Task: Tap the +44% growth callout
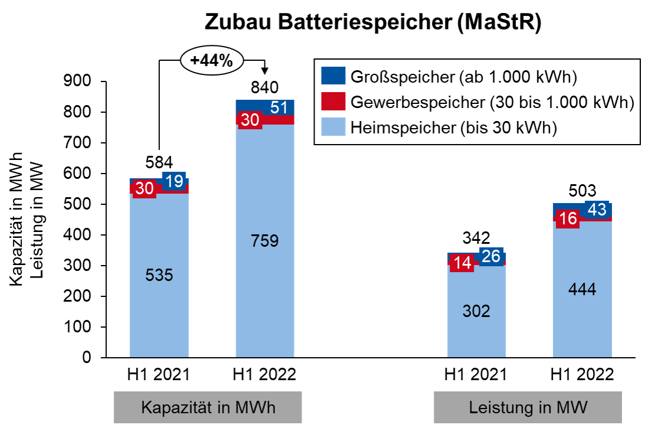[210, 60]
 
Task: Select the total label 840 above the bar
[263, 89]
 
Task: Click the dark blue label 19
[174, 182]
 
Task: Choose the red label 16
[568, 219]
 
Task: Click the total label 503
[581, 191]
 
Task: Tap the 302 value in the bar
[476, 311]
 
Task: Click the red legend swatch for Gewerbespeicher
[333, 102]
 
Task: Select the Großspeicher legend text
[463, 77]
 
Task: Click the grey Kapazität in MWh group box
[208, 408]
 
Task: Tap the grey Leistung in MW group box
[528, 408]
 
